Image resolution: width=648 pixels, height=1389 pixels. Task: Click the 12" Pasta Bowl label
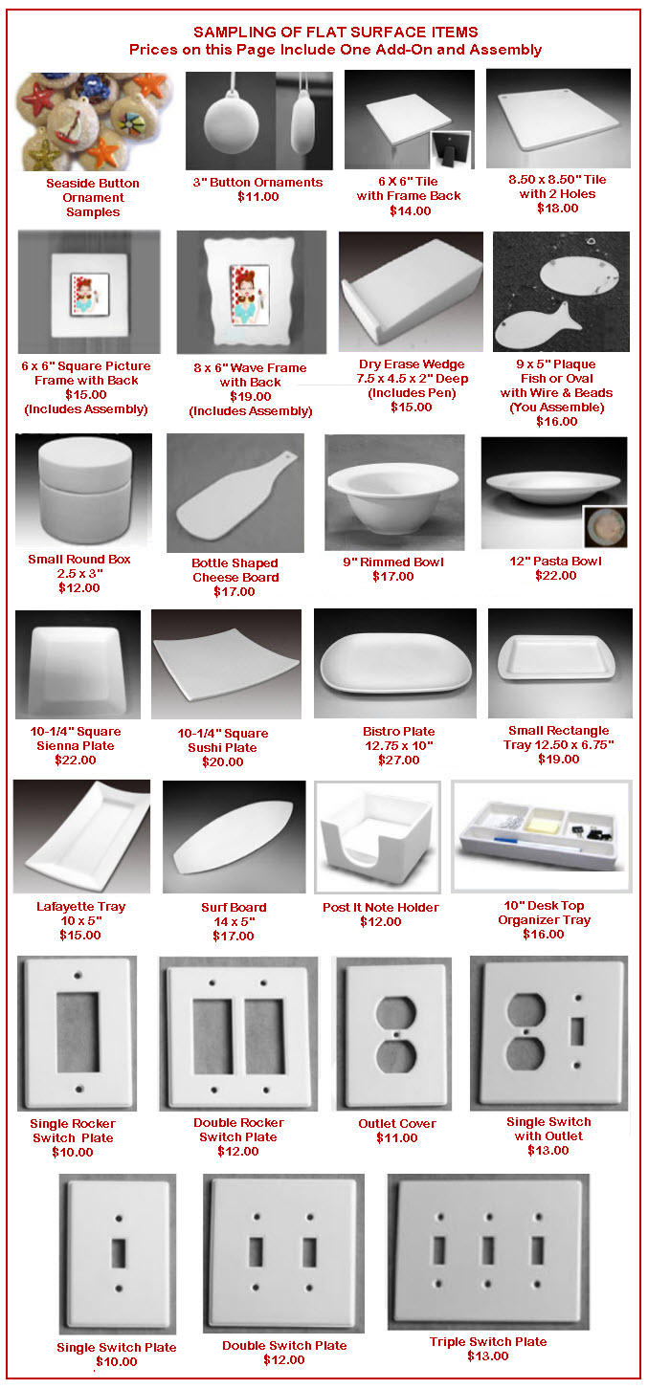tap(555, 562)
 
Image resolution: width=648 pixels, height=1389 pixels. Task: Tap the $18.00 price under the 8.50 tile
tap(557, 209)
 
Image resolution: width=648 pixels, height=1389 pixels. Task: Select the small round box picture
tap(83, 489)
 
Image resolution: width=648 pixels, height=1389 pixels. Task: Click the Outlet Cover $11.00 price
tap(397, 1138)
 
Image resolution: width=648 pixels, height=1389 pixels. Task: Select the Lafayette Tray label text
tap(81, 907)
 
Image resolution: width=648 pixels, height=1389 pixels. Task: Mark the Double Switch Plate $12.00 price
tap(284, 1360)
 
